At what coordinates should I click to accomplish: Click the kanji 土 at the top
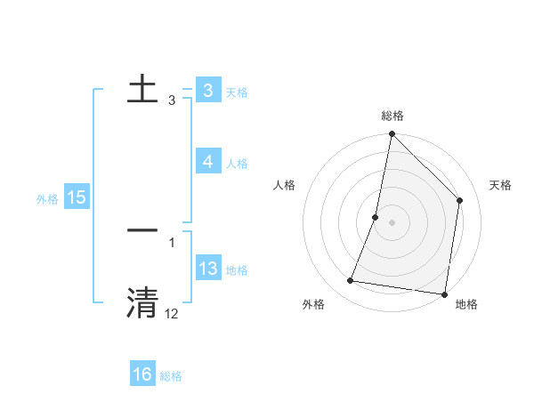143,89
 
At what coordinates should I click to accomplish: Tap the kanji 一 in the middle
143,230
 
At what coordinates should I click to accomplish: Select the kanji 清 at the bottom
143,301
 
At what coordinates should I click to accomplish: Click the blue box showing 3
207,91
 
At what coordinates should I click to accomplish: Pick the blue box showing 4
207,162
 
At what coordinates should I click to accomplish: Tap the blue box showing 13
207,269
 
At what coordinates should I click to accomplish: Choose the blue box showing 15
76,197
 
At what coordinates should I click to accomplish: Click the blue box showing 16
142,375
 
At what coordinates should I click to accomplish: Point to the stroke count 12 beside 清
171,313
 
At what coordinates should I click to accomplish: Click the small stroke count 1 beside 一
171,242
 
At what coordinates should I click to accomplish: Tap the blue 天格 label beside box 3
237,92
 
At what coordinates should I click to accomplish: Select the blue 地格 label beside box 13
237,270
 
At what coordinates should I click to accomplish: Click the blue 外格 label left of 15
47,199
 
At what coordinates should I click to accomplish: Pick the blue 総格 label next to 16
171,377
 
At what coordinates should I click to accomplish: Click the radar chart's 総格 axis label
392,116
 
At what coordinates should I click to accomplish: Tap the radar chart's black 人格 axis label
285,185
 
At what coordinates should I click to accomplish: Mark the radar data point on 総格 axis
392,134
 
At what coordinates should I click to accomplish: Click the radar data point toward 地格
444,293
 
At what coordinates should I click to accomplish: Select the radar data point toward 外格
351,281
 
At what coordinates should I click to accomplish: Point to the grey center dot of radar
392,222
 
